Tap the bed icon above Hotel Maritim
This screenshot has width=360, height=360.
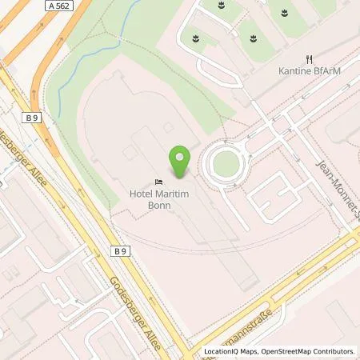(x=158, y=181)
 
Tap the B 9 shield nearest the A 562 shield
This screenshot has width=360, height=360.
(x=32, y=118)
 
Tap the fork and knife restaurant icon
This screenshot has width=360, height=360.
(x=309, y=58)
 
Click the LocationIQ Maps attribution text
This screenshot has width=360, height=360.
(x=231, y=351)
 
